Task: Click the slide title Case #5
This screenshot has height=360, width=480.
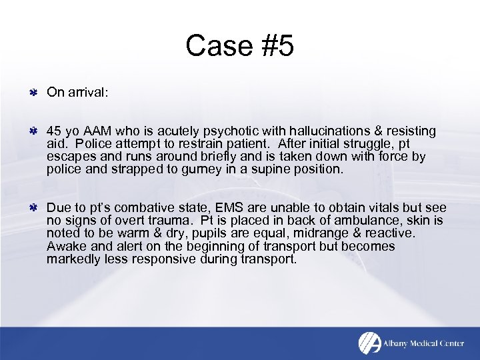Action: pyautogui.click(x=239, y=47)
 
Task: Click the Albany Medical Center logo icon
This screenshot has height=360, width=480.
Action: pyautogui.click(x=369, y=343)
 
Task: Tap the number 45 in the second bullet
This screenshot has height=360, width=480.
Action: pyautogui.click(x=54, y=131)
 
